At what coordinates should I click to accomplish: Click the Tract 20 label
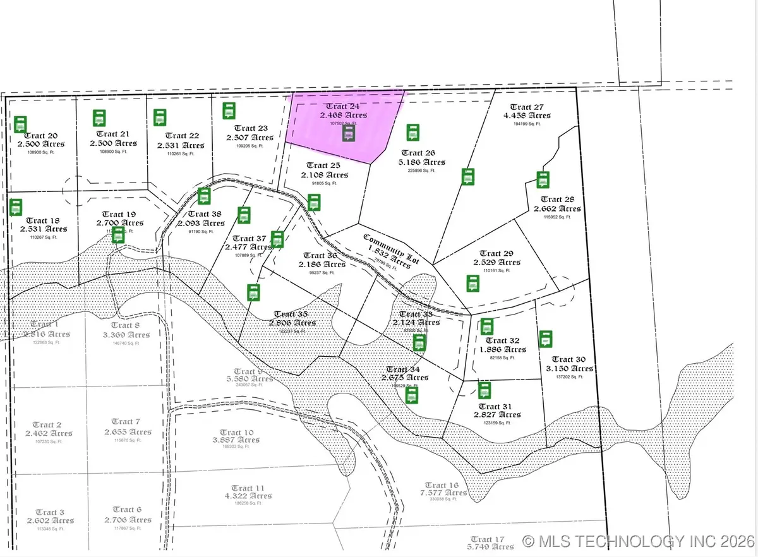click(41, 136)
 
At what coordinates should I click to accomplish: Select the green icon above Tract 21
click(99, 118)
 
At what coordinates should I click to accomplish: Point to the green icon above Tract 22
click(160, 117)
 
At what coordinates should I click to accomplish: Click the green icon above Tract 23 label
click(229, 111)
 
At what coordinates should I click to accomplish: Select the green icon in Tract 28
click(543, 179)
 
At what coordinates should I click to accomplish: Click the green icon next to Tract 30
click(546, 339)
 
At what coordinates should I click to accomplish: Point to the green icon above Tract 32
click(486, 326)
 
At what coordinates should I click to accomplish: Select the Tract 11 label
click(248, 488)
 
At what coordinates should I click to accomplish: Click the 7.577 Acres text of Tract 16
click(445, 492)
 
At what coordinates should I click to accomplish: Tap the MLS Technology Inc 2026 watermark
click(639, 541)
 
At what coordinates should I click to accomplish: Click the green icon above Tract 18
click(16, 207)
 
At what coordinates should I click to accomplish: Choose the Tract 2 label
click(47, 424)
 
